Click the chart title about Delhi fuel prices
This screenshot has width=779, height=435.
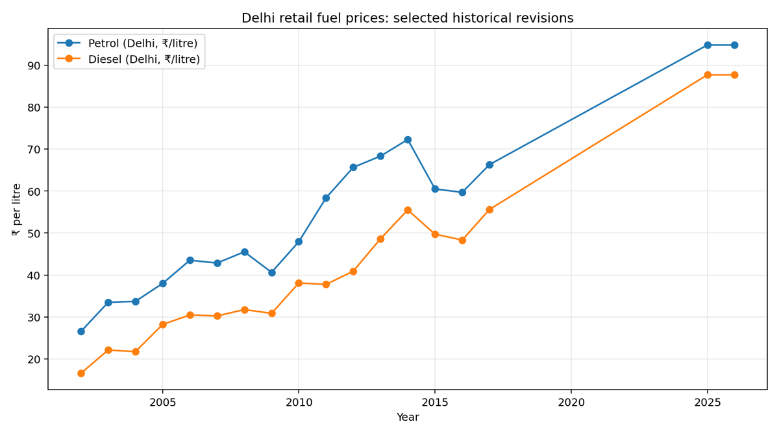coord(407,18)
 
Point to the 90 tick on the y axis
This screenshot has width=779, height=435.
coord(33,65)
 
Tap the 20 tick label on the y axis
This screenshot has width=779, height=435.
coord(33,359)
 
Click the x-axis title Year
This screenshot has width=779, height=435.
coord(408,417)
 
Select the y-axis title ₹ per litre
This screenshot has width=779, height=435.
coord(17,209)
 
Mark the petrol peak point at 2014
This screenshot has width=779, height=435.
coord(408,139)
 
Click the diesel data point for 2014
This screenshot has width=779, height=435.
coord(408,210)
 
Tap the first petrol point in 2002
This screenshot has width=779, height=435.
coord(81,331)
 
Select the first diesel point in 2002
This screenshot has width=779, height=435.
coord(81,373)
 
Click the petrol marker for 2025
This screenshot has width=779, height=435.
coord(708,45)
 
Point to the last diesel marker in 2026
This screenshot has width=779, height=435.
coord(734,75)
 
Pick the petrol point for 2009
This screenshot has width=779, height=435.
coord(272,272)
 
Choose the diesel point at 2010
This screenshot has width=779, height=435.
coord(299,283)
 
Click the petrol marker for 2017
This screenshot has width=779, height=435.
coord(489,165)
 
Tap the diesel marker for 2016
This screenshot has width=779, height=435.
coord(462,240)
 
